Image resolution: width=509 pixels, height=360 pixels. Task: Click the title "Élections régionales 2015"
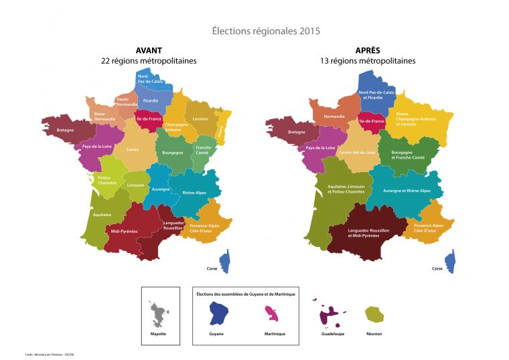click(x=266, y=31)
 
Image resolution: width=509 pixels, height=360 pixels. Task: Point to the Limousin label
click(x=136, y=184)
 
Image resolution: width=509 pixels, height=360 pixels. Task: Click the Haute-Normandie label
click(x=127, y=102)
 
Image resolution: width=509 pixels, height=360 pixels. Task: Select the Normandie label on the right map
click(x=335, y=116)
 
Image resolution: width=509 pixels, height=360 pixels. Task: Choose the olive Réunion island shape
click(x=374, y=314)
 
